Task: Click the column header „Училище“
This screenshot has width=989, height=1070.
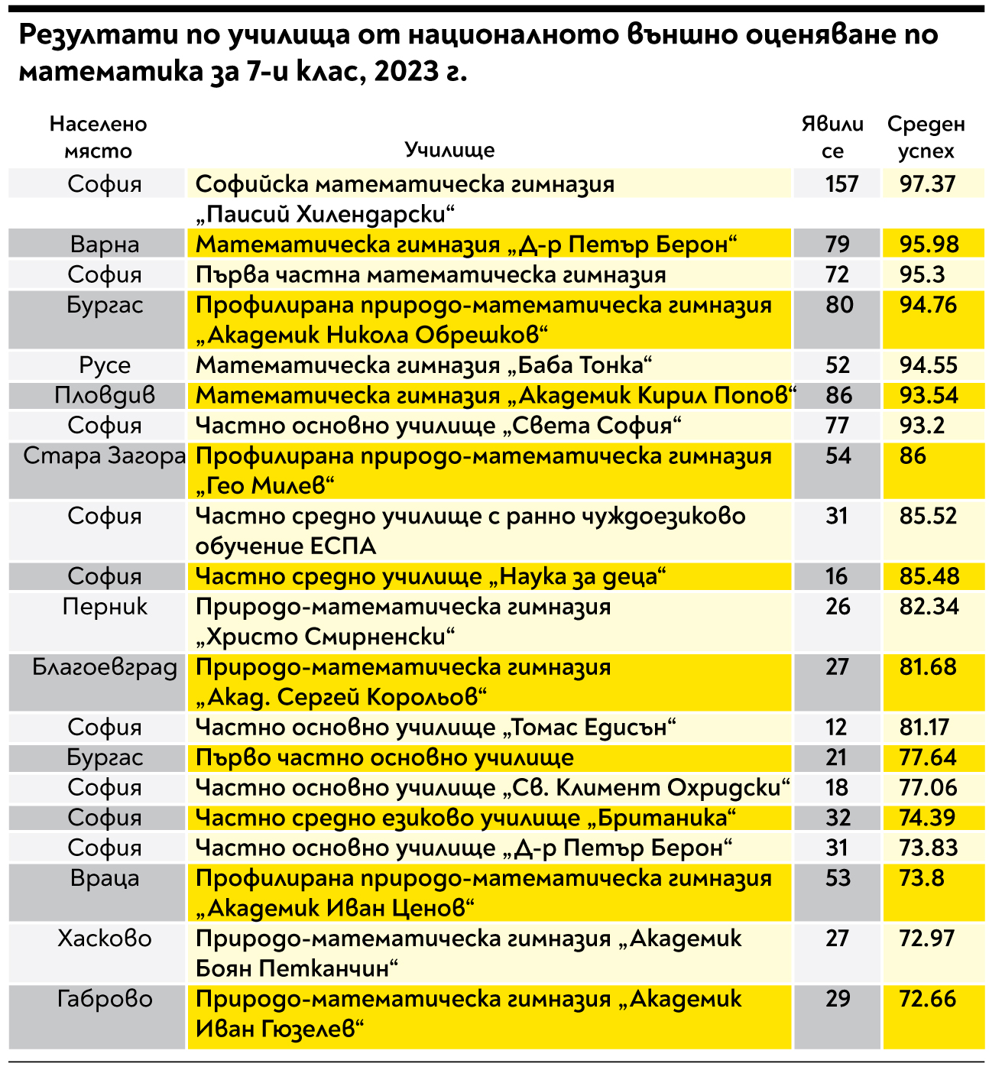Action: [449, 150]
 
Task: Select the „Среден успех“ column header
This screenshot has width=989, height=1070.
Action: [926, 137]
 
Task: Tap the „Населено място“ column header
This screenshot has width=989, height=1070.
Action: [98, 137]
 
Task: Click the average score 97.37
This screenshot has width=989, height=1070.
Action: [927, 184]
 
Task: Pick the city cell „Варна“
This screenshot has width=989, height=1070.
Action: [105, 245]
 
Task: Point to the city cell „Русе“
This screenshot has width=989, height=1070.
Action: [105, 365]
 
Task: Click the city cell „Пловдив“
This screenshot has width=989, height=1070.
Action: [105, 396]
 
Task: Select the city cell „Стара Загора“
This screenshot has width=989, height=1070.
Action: [105, 456]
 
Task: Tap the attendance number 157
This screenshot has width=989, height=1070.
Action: [841, 184]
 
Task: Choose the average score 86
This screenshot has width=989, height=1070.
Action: [913, 456]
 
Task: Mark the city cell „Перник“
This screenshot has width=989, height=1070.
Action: [105, 607]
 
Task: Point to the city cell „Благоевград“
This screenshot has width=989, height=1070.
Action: [105, 667]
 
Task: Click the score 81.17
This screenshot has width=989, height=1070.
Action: [924, 728]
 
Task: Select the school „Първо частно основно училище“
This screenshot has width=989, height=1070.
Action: [384, 758]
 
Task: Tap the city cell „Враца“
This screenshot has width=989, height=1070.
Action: [105, 878]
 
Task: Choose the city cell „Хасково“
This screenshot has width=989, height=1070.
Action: [105, 939]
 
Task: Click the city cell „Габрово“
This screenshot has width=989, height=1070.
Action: [105, 999]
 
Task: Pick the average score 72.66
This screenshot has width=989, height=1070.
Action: [927, 999]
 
